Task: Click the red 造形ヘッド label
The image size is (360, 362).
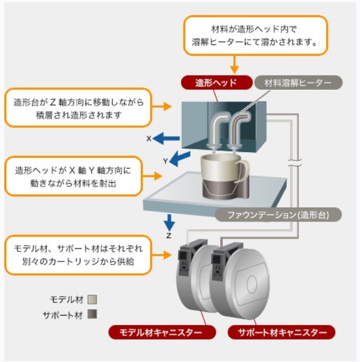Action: (x=215, y=82)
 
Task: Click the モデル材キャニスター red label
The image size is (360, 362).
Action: (x=163, y=333)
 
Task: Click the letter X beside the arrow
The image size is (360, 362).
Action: (x=149, y=139)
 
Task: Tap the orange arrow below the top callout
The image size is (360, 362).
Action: (x=235, y=65)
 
